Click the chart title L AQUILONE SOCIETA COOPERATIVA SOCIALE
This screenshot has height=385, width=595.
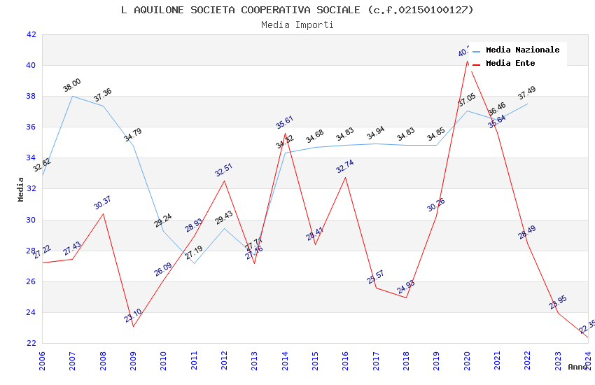pyautogui.click(x=297, y=10)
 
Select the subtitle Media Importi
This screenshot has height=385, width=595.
pyautogui.click(x=297, y=24)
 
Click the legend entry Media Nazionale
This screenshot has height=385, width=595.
pyautogui.click(x=522, y=50)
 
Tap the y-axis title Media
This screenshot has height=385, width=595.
pyautogui.click(x=20, y=189)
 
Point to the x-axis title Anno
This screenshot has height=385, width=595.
pyautogui.click(x=577, y=367)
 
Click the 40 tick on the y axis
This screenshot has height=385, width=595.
pyautogui.click(x=31, y=65)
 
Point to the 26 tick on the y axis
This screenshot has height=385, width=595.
pyautogui.click(x=31, y=281)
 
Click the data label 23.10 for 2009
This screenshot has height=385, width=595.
pyautogui.click(x=133, y=316)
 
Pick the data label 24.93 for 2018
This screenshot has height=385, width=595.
pyautogui.click(x=406, y=287)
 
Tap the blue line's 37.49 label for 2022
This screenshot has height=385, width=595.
pyautogui.click(x=527, y=92)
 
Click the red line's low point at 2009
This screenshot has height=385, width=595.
pyautogui.click(x=133, y=326)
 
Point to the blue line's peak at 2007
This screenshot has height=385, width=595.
pyautogui.click(x=73, y=96)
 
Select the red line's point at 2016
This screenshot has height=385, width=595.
pyautogui.click(x=345, y=177)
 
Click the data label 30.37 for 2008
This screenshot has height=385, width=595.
pyautogui.click(x=102, y=203)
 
